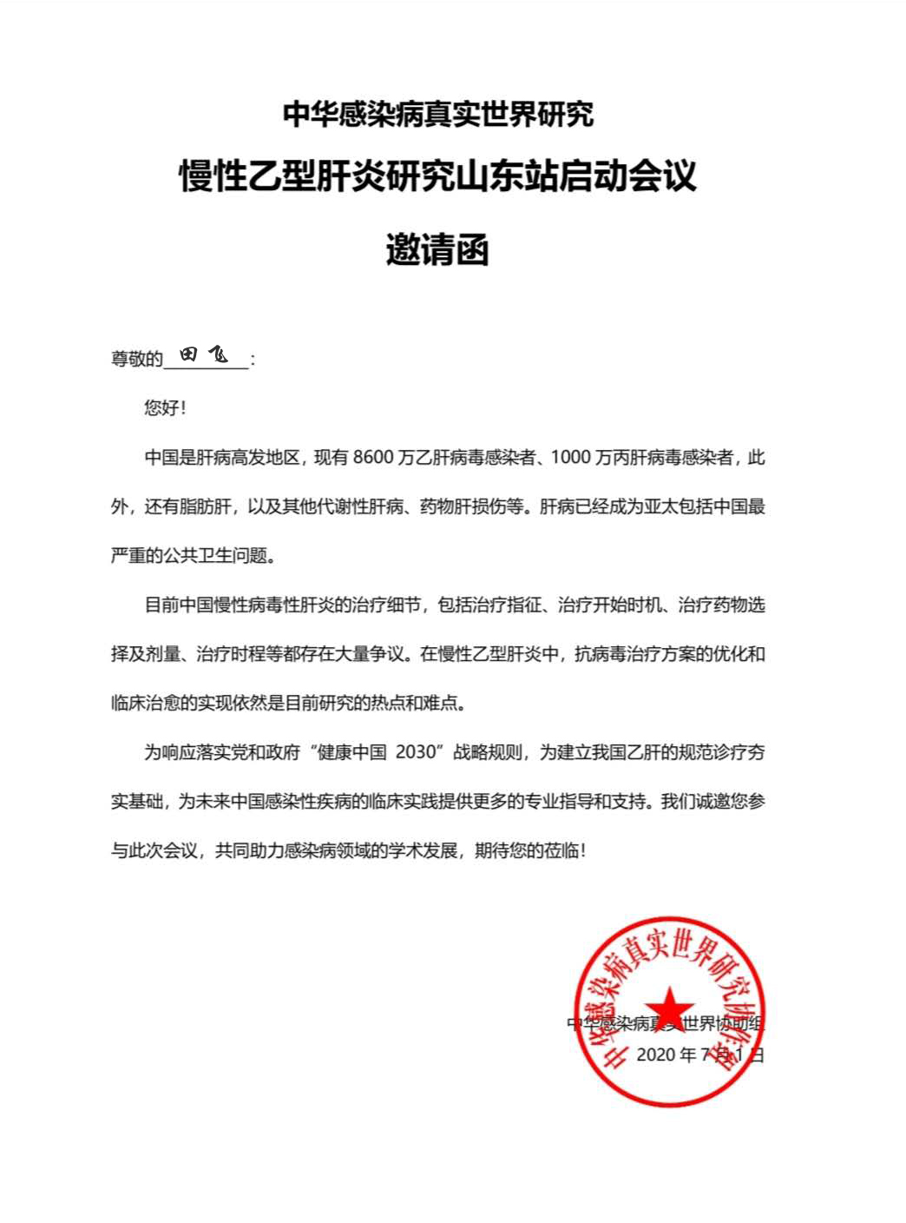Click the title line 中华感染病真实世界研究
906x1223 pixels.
pos(438,114)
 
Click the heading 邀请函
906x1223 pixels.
pos(437,250)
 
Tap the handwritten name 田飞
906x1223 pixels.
pos(205,354)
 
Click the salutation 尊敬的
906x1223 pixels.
pos(136,359)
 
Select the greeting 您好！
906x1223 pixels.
pos(165,407)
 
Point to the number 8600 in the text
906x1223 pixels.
pos(372,457)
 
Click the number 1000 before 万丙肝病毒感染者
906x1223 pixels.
pos(571,457)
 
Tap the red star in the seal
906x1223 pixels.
pos(669,1010)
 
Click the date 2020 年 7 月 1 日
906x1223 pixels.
pos(699,1054)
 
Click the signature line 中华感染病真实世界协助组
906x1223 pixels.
pos(666,1023)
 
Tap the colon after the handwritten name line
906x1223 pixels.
pos(253,360)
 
